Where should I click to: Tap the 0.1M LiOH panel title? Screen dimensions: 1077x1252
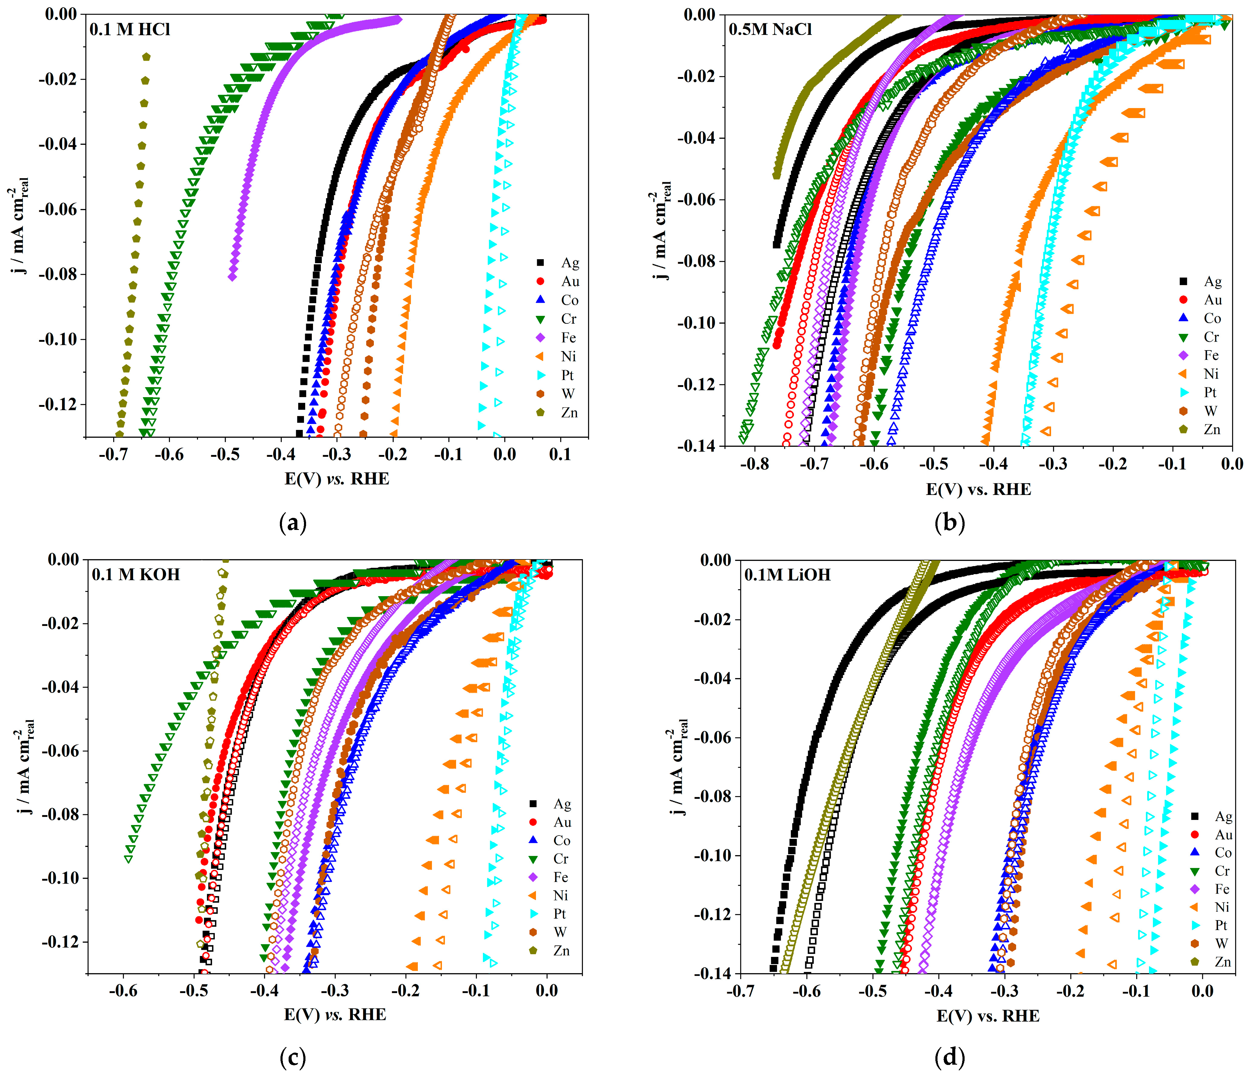tap(787, 574)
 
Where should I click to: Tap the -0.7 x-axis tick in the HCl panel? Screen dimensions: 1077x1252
tap(113, 454)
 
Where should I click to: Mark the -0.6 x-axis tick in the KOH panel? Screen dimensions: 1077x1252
tap(123, 991)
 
